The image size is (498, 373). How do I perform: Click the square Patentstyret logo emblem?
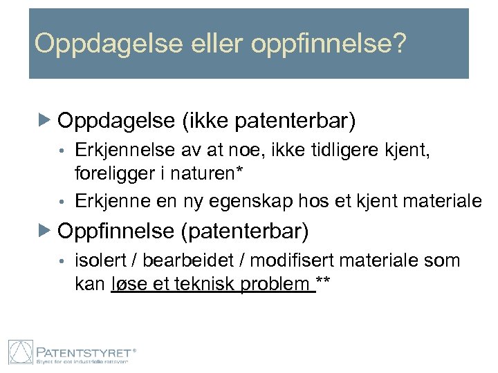(x=20, y=352)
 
